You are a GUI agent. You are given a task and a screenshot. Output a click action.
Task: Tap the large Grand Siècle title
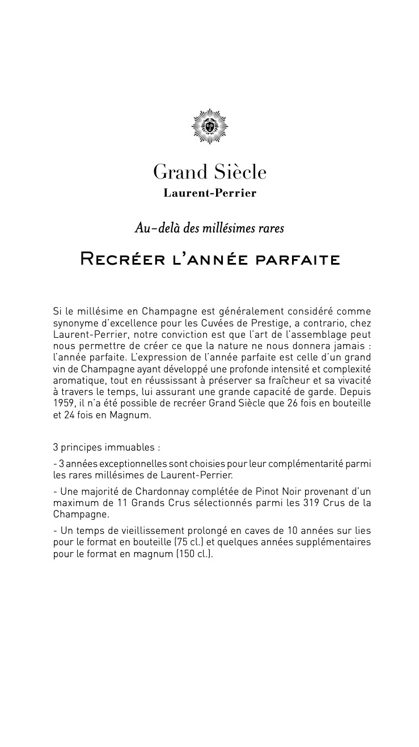[210, 172]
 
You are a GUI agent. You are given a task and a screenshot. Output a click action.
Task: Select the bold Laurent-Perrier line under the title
[210, 193]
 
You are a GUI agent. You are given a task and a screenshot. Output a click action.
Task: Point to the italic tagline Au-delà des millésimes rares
[209, 228]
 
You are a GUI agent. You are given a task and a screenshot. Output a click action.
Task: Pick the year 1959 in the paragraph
[63, 404]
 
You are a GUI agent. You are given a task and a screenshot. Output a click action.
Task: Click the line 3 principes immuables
[107, 448]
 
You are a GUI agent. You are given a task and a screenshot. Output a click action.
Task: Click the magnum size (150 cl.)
[194, 553]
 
